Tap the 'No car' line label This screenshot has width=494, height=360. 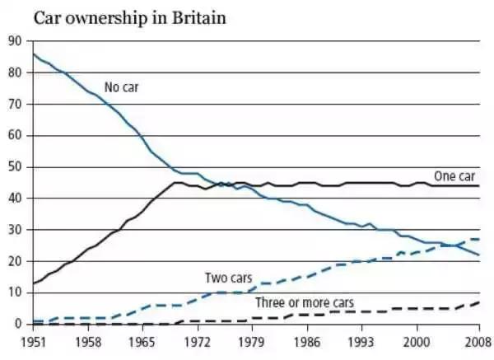[120, 86]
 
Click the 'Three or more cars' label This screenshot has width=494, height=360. [304, 302]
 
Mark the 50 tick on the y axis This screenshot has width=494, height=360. [14, 167]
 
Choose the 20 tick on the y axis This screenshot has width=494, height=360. [14, 261]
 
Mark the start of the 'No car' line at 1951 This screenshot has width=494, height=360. [32, 54]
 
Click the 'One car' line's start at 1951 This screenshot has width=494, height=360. [32, 283]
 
